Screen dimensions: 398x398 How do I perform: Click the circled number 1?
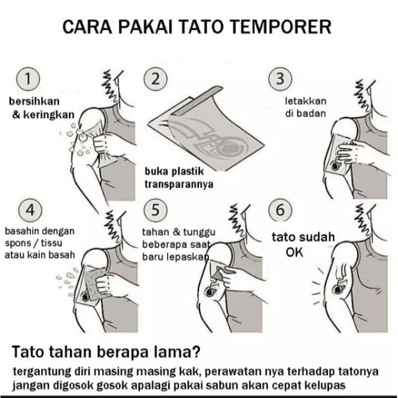click(28, 79)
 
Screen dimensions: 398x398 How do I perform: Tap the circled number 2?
click(155, 79)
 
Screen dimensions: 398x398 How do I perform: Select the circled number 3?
click(280, 79)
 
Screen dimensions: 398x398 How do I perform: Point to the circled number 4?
click(30, 210)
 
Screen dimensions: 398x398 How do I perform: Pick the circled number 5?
click(155, 210)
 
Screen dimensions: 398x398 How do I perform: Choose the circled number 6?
click(280, 210)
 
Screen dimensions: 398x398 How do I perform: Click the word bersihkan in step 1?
click(34, 101)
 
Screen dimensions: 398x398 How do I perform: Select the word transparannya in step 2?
click(179, 184)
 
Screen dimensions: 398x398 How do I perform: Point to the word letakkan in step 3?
click(306, 101)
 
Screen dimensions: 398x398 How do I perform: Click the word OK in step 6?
click(295, 252)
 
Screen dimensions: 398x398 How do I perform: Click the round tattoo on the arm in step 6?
click(338, 289)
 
